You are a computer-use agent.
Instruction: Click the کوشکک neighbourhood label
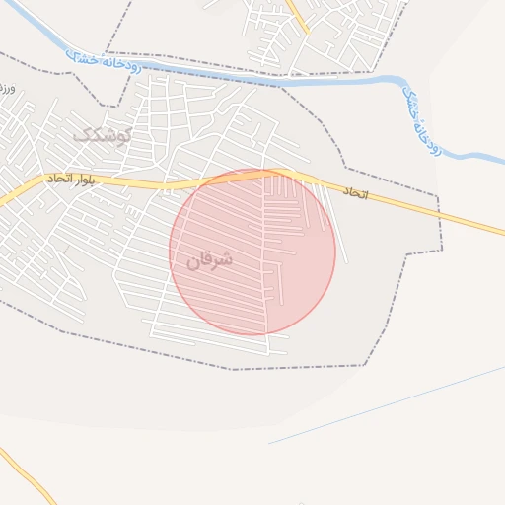coord(101,134)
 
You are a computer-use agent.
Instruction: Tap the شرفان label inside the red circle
coord(209,259)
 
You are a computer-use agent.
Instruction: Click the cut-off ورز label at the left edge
coord(6,90)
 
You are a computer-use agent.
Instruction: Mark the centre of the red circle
coord(252,252)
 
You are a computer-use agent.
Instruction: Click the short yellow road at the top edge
coord(297,15)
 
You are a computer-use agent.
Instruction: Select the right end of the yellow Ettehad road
coord(500,232)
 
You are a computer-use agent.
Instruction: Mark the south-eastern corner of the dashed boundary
coord(365,365)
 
